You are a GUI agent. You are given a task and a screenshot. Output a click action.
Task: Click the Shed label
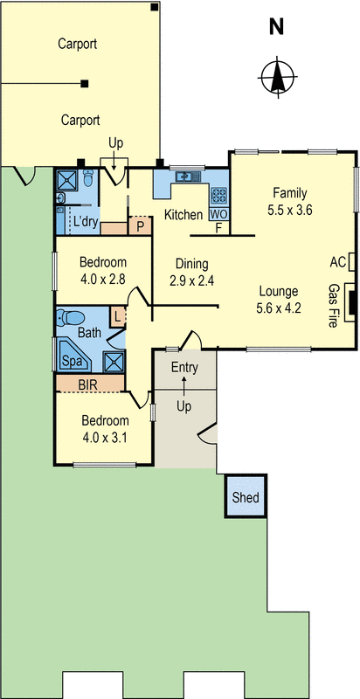pyautogui.click(x=246, y=497)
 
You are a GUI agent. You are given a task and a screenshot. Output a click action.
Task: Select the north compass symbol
pyautogui.click(x=277, y=77)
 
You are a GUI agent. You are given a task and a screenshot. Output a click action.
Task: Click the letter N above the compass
pyautogui.click(x=276, y=28)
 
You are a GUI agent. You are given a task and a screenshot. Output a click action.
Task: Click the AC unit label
pyautogui.click(x=338, y=262)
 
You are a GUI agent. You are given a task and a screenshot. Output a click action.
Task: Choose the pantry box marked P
pyautogui.click(x=140, y=226)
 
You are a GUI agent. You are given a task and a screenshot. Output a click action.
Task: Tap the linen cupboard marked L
pyautogui.click(x=117, y=318)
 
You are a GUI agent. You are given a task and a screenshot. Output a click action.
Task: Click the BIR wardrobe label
pyautogui.click(x=87, y=384)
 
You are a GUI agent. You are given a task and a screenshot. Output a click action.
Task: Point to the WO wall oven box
pyautogui.click(x=218, y=214)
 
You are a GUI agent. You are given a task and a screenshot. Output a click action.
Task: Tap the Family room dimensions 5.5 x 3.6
pyautogui.click(x=290, y=211)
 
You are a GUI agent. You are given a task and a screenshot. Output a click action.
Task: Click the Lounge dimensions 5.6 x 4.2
pyautogui.click(x=279, y=308)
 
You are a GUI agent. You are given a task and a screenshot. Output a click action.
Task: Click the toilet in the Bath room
pyautogui.click(x=72, y=318)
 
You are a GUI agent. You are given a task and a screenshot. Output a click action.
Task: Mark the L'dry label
pyautogui.click(x=86, y=222)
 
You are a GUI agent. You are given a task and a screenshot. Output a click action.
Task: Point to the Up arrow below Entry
pyautogui.click(x=184, y=386)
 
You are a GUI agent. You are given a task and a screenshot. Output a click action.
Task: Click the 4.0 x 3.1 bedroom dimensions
pyautogui.click(x=105, y=439)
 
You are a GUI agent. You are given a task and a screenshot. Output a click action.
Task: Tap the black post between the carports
pyautogui.click(x=84, y=83)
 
